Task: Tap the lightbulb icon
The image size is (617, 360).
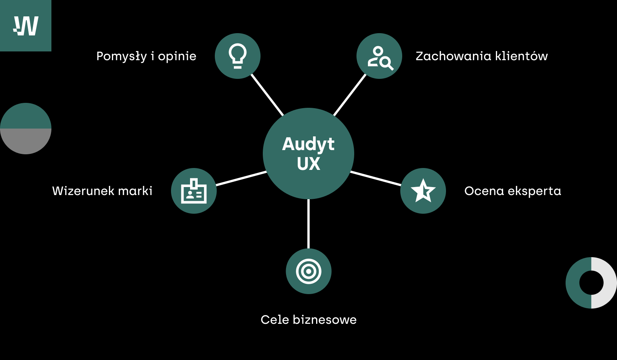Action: point(238,56)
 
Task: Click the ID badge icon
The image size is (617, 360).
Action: point(194,191)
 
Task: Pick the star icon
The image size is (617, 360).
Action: point(423,191)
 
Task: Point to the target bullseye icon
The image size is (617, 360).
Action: point(308,271)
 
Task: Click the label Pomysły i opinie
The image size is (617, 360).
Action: point(146,56)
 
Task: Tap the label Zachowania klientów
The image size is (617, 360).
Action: point(481,56)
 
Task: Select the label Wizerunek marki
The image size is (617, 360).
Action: point(102,191)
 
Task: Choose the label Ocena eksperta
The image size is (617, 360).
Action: point(513,191)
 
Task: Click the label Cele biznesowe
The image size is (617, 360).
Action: point(308,320)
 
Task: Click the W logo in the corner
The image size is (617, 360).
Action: point(26,26)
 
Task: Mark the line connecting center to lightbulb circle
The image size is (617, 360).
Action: point(267,95)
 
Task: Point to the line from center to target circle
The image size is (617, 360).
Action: point(308,224)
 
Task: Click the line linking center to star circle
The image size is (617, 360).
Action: point(376,178)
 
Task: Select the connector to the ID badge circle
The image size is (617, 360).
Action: point(241,178)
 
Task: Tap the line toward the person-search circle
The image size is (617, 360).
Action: point(350,95)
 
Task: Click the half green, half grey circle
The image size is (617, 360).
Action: point(26,128)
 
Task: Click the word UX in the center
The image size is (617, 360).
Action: point(308,164)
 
